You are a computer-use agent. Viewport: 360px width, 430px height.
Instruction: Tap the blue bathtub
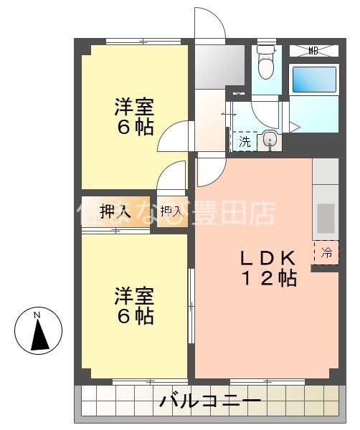[313, 79]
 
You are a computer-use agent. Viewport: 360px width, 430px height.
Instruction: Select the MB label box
[313, 50]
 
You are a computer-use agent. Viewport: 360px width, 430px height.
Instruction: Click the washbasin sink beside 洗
[270, 140]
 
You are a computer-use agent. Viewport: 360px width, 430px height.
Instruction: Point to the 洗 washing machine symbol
[245, 141]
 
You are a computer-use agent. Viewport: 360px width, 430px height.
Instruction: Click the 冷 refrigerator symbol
[326, 252]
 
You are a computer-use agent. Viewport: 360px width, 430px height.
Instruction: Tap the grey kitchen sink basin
[326, 219]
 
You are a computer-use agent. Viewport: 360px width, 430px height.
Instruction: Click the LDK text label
[267, 258]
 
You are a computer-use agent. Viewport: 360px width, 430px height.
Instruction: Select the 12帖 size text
[267, 279]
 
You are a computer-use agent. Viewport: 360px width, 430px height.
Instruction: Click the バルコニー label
[209, 401]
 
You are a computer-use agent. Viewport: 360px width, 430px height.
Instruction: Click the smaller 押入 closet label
[171, 211]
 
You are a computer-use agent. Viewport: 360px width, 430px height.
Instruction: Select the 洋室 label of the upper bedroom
[134, 107]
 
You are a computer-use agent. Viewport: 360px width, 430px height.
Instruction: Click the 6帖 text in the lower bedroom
[134, 316]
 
